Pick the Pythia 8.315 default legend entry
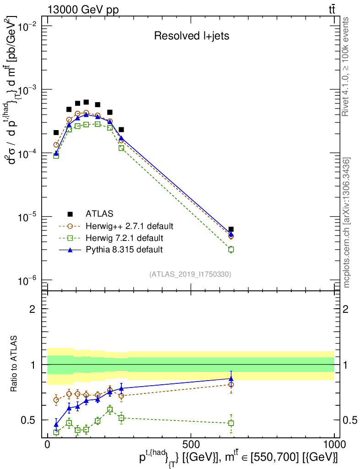124,250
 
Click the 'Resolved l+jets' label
191,36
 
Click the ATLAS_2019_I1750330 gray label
190,274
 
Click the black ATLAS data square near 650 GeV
231,229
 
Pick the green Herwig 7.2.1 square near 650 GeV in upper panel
231,249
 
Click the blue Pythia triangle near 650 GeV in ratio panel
231,378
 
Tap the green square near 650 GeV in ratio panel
231,423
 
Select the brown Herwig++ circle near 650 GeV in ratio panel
231,385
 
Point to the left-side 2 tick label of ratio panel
32,309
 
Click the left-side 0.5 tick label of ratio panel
28,420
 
